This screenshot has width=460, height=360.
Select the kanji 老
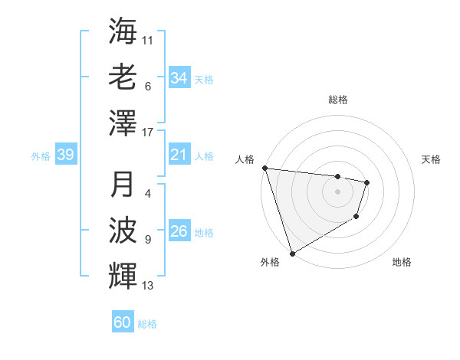pyautogui.click(x=123, y=77)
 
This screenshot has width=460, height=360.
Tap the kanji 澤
pyautogui.click(x=123, y=123)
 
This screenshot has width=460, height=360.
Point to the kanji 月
pyautogui.click(x=123, y=185)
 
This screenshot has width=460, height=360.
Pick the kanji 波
pyautogui.click(x=123, y=231)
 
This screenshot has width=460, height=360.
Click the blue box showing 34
pyautogui.click(x=179, y=78)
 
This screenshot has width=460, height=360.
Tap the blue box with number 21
pyautogui.click(x=179, y=155)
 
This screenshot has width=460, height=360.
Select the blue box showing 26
pyautogui.click(x=179, y=232)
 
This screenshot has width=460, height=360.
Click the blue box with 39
pyautogui.click(x=65, y=155)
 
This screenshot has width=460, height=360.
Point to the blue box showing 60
pyautogui.click(x=122, y=322)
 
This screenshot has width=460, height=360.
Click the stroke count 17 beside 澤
pyautogui.click(x=148, y=133)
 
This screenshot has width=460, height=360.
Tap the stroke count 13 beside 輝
pyautogui.click(x=148, y=286)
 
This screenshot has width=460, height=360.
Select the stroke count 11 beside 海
pyautogui.click(x=148, y=40)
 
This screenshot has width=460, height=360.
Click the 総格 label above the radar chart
pyautogui.click(x=337, y=100)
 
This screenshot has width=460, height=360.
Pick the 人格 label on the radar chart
pyautogui.click(x=245, y=159)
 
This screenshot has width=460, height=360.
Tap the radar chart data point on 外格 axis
pyautogui.click(x=292, y=253)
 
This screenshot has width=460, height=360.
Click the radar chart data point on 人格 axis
pyautogui.click(x=264, y=168)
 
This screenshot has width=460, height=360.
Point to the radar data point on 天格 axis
pyautogui.click(x=367, y=182)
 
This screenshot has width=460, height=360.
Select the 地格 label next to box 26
pyautogui.click(x=204, y=233)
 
